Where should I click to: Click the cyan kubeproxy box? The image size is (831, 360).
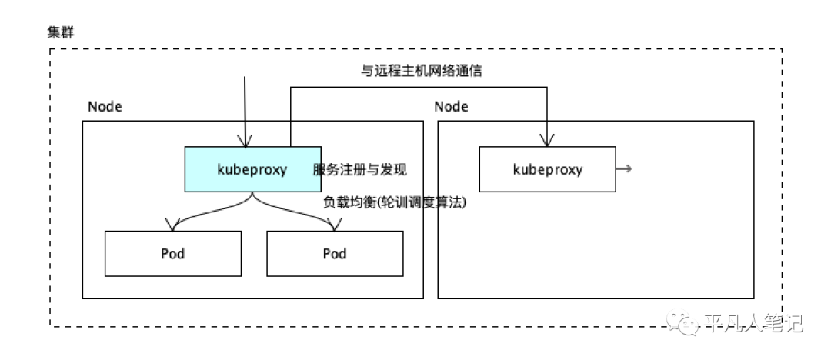[253, 169]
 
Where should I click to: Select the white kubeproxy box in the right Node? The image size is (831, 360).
[548, 169]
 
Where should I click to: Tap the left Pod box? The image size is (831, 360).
[173, 253]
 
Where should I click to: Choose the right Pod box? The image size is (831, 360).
[335, 253]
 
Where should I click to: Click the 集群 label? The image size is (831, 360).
[61, 32]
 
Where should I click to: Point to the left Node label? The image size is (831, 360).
[105, 107]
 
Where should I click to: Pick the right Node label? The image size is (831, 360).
[452, 107]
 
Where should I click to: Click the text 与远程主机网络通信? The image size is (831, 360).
[422, 71]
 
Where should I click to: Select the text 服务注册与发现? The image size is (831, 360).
[360, 170]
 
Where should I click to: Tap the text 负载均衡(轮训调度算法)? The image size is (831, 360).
[395, 202]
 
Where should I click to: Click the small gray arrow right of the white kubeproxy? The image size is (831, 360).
[624, 168]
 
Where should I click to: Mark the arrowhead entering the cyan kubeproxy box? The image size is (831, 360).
[245, 141]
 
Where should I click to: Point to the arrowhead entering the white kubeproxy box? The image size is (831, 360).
[547, 141]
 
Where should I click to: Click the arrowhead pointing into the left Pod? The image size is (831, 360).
[171, 225]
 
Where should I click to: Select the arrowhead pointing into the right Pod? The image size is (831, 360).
[333, 225]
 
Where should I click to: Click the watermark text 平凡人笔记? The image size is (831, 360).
[753, 322]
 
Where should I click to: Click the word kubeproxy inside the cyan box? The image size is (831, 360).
[252, 170]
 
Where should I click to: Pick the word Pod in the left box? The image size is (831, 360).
[173, 253]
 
